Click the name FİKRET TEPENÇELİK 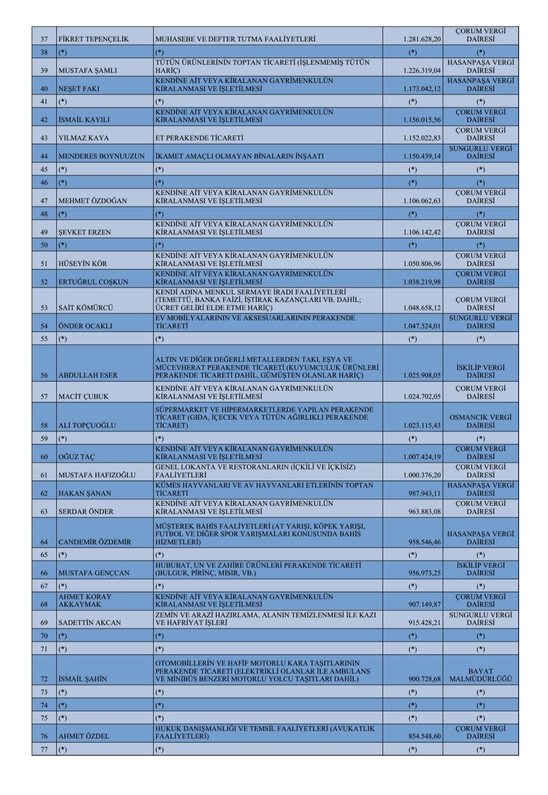pos(93,39)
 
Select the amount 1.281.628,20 pos(422,39)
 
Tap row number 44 pos(44,156)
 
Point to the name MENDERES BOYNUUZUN pos(101,156)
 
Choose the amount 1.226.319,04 pos(422,70)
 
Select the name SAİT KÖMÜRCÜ pos(85,308)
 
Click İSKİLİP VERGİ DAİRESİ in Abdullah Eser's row pos(480,371)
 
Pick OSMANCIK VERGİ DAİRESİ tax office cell pos(480,421)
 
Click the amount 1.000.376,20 pos(422,475)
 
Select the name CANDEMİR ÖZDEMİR pos(94,542)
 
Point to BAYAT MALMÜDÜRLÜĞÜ pos(480,675)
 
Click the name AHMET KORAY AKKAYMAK pos(85,600)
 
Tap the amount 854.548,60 pos(425,736)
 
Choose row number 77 pos(44,749)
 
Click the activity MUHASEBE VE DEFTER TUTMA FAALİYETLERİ pos(235,39)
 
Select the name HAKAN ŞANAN pos(85,493)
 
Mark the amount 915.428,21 pos(425,623)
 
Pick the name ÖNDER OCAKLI pos(85,326)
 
